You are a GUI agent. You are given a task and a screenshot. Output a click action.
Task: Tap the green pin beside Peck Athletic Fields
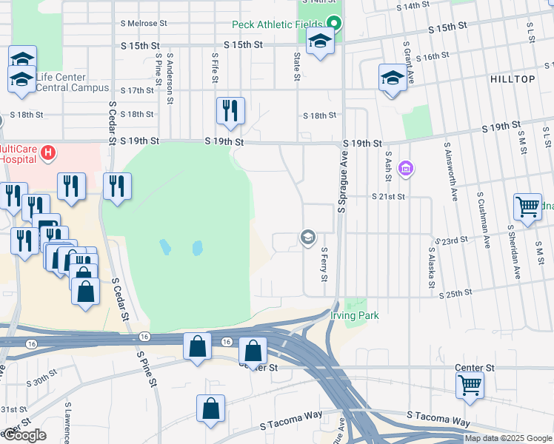tap(334, 24)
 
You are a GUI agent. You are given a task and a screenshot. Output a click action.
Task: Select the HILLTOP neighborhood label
tap(512, 78)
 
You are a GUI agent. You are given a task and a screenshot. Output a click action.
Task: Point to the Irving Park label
tap(354, 316)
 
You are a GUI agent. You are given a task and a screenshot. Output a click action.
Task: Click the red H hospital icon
tap(48, 153)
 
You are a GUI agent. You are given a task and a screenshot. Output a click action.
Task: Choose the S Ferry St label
tap(324, 264)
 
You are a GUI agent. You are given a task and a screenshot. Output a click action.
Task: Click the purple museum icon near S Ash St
tap(404, 169)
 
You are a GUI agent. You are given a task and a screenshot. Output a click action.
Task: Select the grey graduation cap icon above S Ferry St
tap(307, 238)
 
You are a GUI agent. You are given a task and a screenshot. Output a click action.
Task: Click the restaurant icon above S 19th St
tap(230, 111)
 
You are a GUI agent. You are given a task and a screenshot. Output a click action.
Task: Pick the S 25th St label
tap(455, 294)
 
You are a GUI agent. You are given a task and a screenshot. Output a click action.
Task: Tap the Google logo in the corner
tap(24, 435)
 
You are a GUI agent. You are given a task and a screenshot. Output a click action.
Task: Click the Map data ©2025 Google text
tap(508, 438)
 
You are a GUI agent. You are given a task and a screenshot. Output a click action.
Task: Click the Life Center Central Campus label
tap(61, 82)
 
